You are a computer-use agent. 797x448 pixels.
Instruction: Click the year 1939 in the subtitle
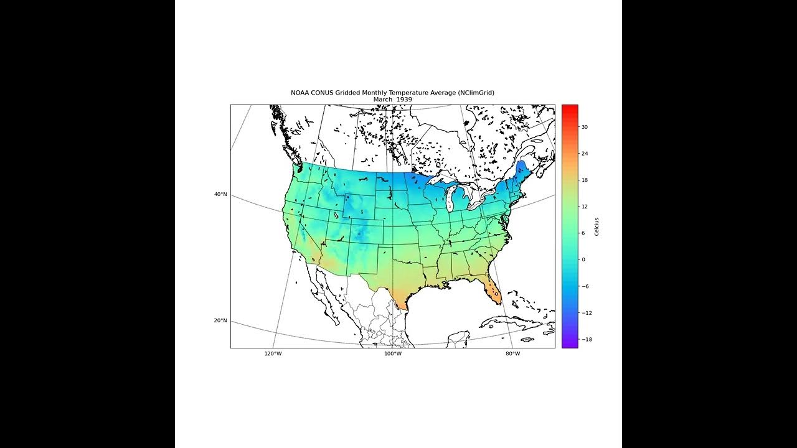402,100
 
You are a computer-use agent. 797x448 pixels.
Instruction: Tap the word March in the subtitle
383,100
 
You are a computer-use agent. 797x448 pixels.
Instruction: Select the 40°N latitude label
220,195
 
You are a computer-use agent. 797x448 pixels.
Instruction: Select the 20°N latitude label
220,321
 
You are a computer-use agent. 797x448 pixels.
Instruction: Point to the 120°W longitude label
273,354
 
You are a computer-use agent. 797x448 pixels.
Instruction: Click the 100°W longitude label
392,354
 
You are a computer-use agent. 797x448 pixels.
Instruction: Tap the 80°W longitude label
512,354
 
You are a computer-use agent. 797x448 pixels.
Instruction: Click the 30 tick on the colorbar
585,127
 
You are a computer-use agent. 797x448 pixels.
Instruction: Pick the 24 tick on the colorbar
585,154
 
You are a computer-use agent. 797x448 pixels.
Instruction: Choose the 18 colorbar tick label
585,180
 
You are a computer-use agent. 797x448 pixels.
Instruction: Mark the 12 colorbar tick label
585,207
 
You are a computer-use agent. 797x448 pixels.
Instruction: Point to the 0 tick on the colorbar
583,259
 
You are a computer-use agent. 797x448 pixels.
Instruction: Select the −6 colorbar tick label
586,286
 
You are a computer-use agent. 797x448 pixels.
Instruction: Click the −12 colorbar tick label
587,313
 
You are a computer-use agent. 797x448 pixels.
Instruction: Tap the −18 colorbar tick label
587,340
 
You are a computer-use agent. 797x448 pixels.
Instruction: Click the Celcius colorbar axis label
597,226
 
